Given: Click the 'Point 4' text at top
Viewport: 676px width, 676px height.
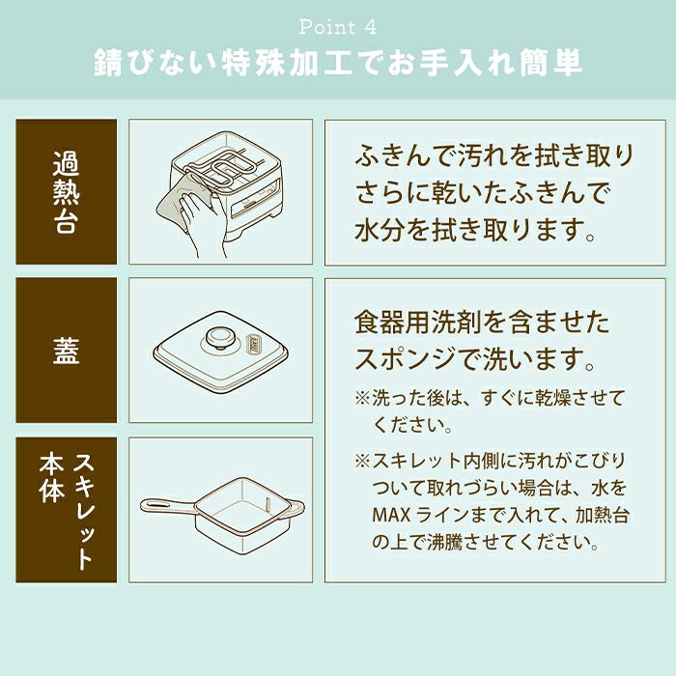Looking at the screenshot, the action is tap(338, 27).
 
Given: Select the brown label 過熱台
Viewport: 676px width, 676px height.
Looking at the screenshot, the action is tap(66, 192).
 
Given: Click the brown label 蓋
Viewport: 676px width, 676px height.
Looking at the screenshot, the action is tap(66, 350).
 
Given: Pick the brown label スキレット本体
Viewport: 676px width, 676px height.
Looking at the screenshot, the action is tap(66, 510).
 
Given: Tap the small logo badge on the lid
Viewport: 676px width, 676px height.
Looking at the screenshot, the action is tap(252, 345).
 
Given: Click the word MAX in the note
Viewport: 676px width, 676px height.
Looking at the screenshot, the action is tap(391, 515).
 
